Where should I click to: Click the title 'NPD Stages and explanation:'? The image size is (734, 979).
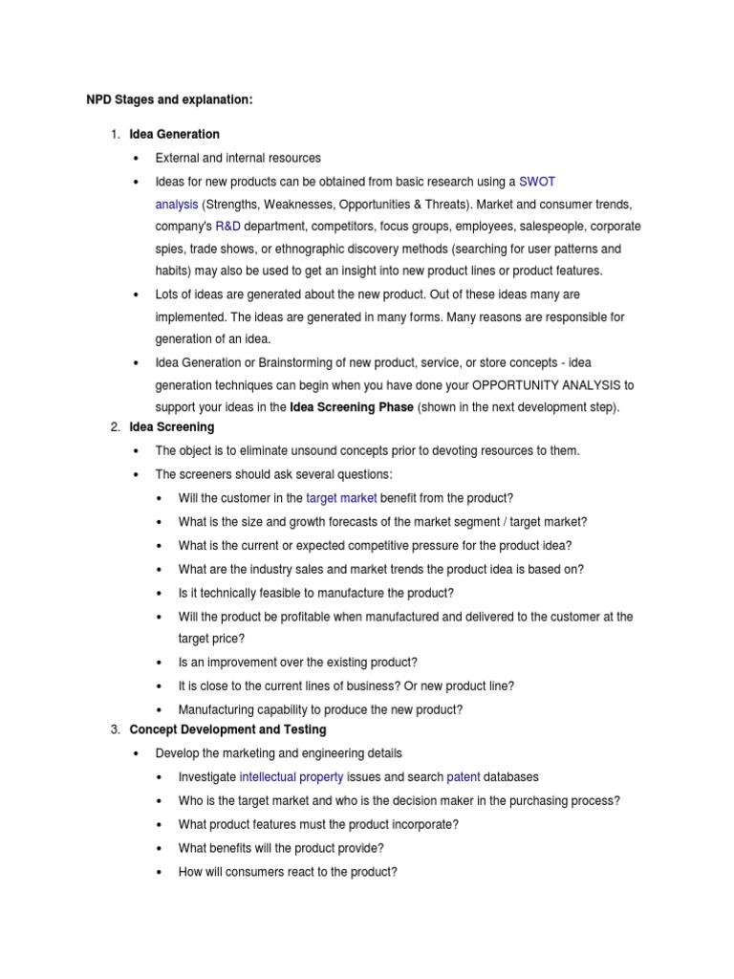click(x=164, y=99)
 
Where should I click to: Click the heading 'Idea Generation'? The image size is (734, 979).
click(x=174, y=134)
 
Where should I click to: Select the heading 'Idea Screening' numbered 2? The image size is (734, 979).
click(x=172, y=426)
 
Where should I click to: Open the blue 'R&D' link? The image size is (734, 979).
click(x=227, y=227)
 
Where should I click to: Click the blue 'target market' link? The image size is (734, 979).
click(x=341, y=498)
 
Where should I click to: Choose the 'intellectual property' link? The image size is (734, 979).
click(x=291, y=777)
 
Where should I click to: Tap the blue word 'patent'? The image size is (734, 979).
click(x=463, y=777)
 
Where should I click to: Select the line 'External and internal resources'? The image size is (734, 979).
click(x=238, y=158)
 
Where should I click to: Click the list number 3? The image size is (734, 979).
click(x=115, y=730)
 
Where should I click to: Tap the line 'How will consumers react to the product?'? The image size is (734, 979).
click(x=287, y=872)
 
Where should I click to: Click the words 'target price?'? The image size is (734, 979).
click(x=211, y=638)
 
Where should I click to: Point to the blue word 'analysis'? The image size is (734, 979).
click(x=176, y=204)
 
